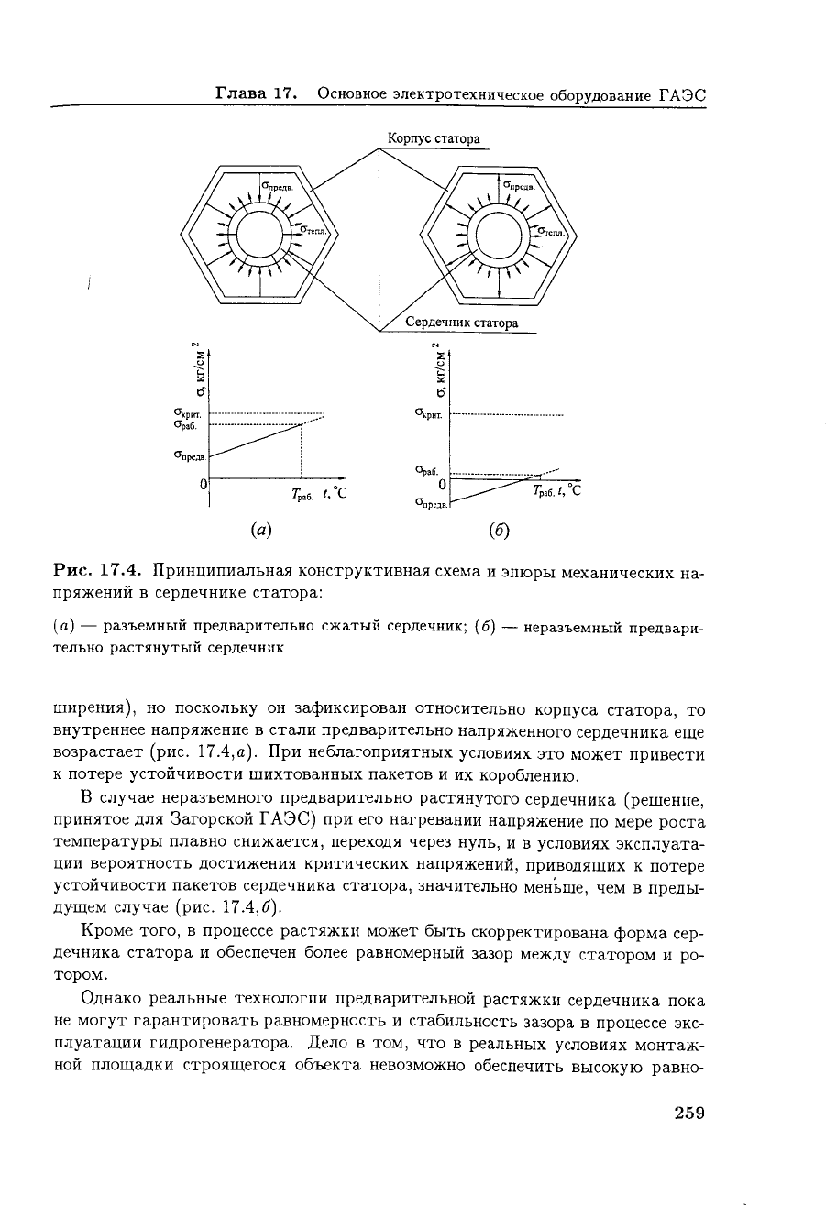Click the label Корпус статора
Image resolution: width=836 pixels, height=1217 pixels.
tap(434, 139)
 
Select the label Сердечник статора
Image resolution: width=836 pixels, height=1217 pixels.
tap(462, 323)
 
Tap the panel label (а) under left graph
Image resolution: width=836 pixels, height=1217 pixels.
tap(260, 529)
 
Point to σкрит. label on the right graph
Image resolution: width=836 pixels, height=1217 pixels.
tap(428, 414)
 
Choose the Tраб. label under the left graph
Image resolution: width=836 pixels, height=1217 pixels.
tap(302, 496)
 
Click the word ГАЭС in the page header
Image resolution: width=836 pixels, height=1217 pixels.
tap(684, 94)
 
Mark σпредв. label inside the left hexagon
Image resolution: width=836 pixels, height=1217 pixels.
tap(276, 186)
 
